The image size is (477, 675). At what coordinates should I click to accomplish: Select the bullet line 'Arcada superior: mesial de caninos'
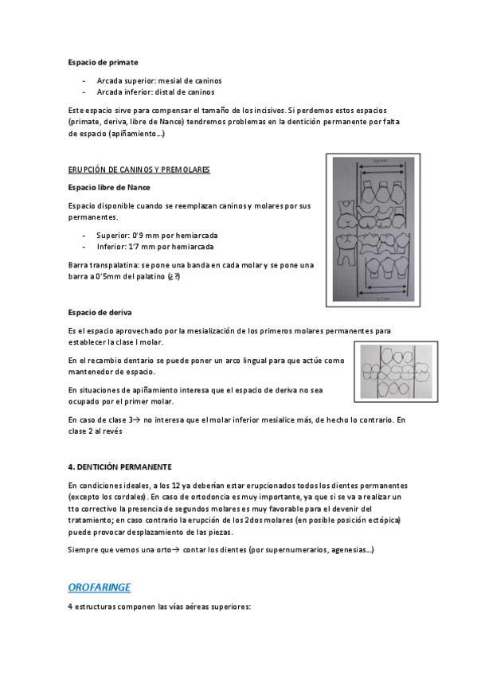[158, 80]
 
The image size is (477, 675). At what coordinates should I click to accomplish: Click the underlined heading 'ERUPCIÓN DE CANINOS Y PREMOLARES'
[139, 170]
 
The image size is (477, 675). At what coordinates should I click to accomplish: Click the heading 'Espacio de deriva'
[100, 312]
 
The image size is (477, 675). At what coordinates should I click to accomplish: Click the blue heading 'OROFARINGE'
[100, 587]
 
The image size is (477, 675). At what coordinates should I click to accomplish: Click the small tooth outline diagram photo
[392, 369]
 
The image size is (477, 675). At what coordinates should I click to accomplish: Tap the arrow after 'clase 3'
[137, 419]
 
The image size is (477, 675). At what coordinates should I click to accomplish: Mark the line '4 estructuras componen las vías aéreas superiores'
[159, 607]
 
